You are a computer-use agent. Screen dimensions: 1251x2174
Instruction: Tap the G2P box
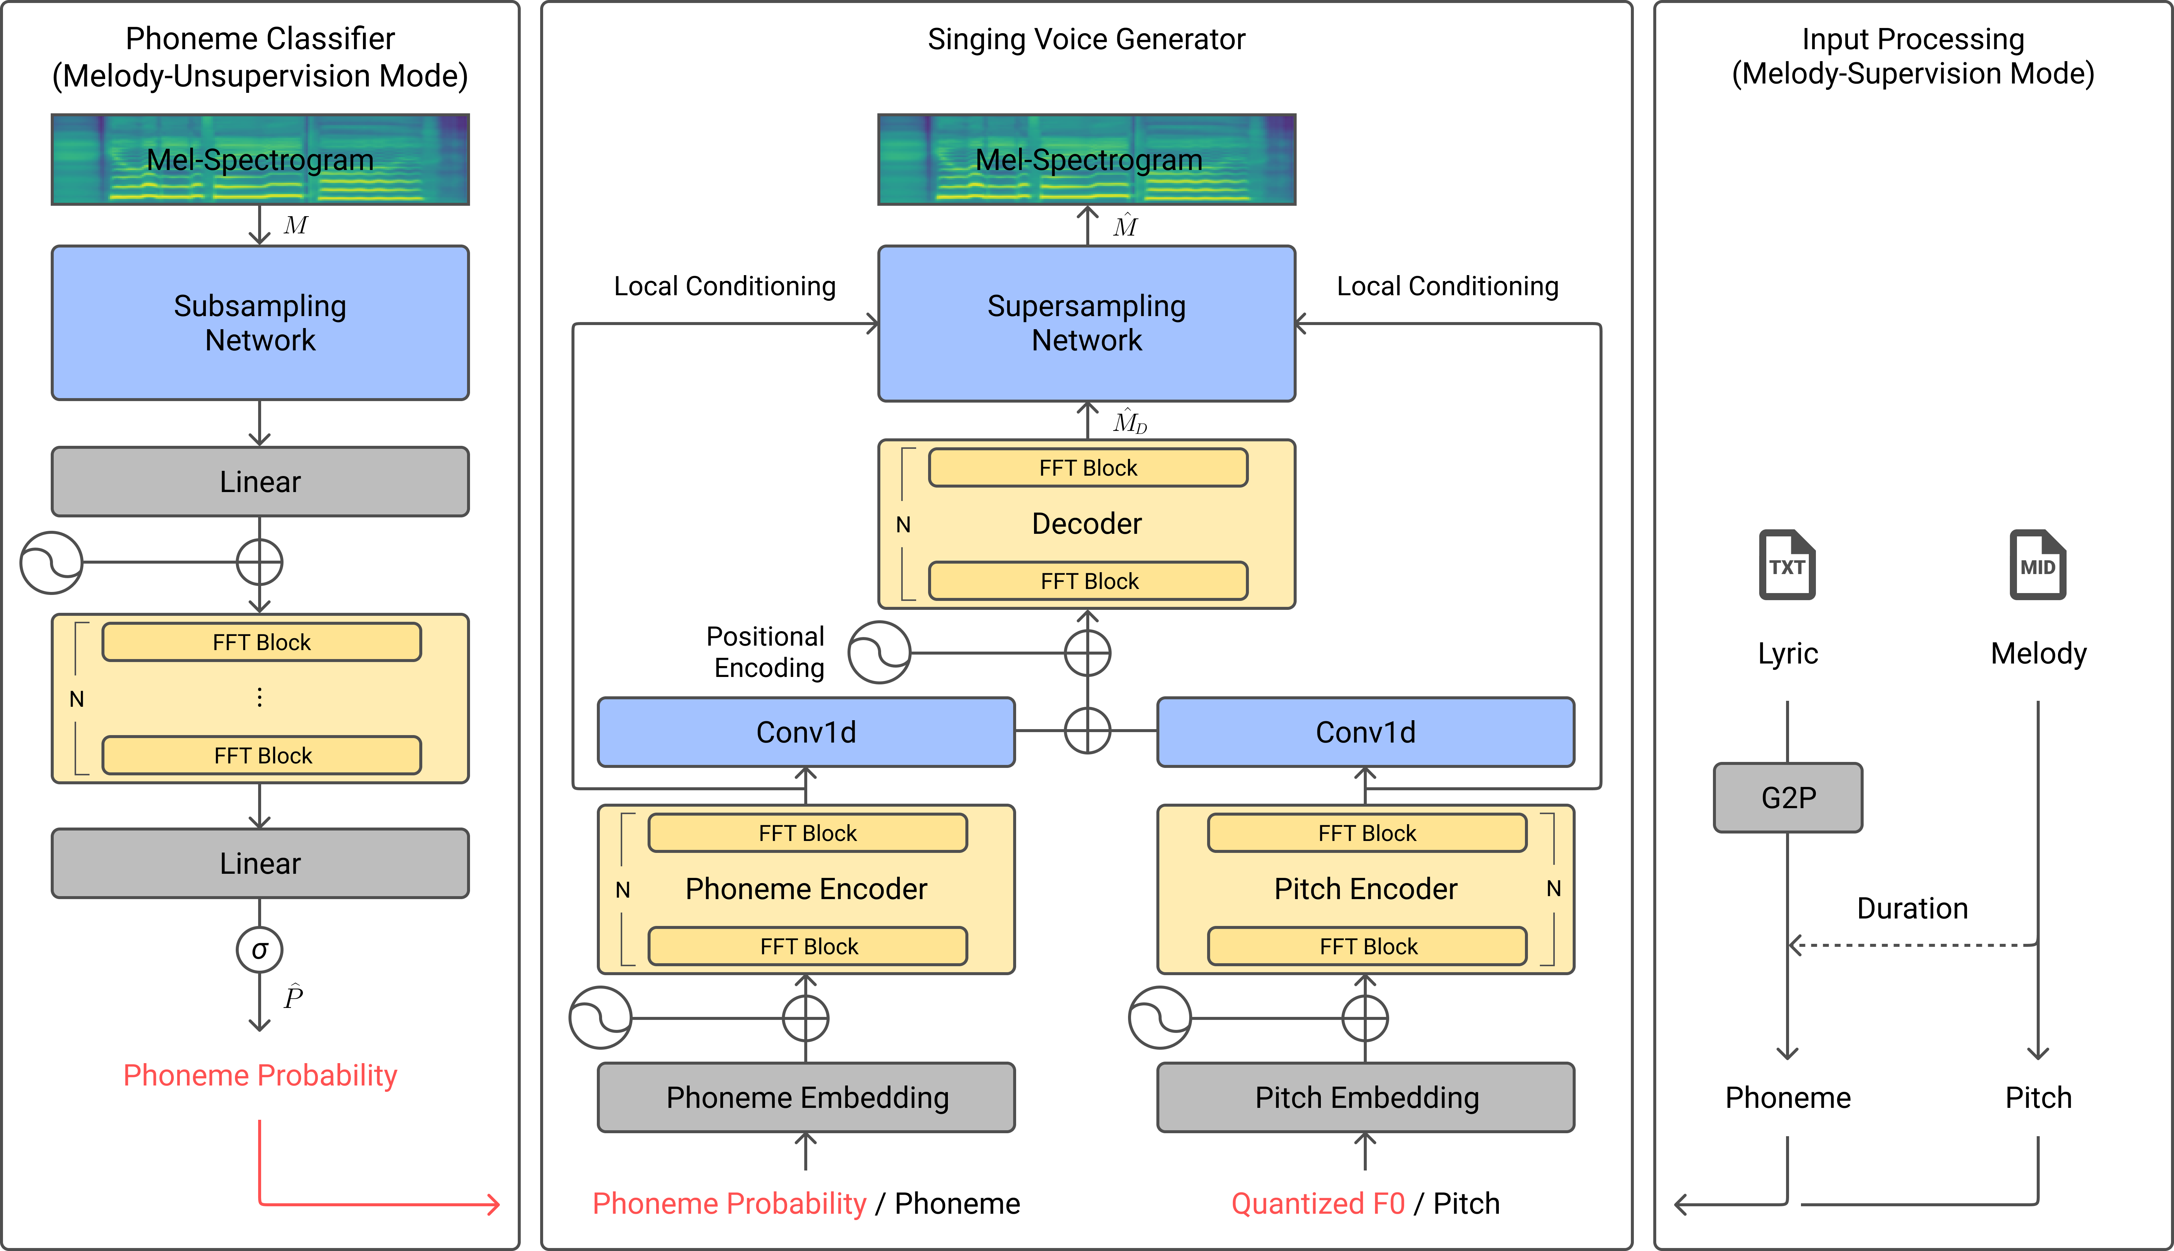coord(1788,797)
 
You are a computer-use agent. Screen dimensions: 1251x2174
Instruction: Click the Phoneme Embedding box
coord(806,1097)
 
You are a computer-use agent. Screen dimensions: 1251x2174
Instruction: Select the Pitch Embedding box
coord(1366,1097)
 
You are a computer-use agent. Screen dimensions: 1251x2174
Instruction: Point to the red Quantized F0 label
coord(1318,1203)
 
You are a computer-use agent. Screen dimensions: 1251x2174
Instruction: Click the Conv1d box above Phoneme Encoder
coord(806,732)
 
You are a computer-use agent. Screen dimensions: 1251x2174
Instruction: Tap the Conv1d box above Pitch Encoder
coord(1366,732)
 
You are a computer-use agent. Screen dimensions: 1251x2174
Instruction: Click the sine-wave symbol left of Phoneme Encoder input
coord(600,1018)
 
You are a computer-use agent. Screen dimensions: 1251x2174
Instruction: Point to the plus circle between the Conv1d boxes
coord(1087,731)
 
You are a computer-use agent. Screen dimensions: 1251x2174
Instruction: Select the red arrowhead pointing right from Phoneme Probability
coord(494,1204)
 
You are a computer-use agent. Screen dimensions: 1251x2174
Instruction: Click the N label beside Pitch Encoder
coord(1553,888)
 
